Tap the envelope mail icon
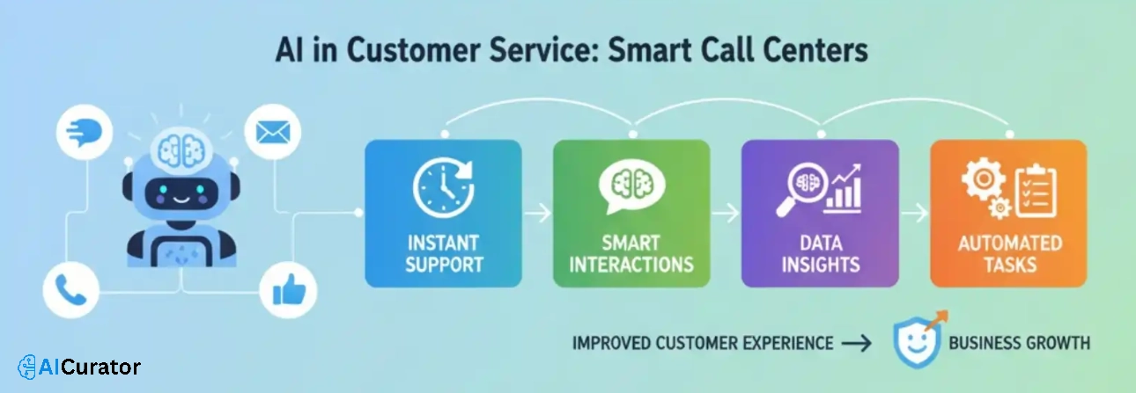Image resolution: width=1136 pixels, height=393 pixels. [272, 134]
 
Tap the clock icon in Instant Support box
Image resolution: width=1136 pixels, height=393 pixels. [442, 186]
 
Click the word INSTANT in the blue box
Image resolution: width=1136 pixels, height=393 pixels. [442, 243]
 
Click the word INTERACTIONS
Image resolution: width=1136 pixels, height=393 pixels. [631, 264]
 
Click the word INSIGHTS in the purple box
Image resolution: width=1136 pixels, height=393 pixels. [820, 264]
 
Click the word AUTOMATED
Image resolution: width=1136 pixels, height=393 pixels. [1009, 243]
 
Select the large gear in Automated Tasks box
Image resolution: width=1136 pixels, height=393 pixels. [981, 178]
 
